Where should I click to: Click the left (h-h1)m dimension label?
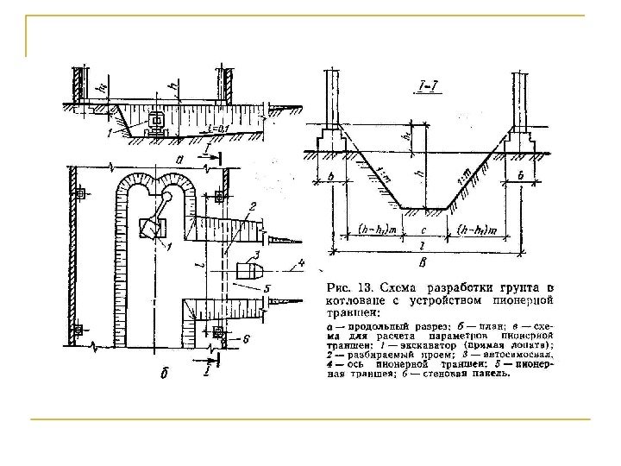(378, 230)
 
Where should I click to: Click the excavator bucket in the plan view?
(149, 230)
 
